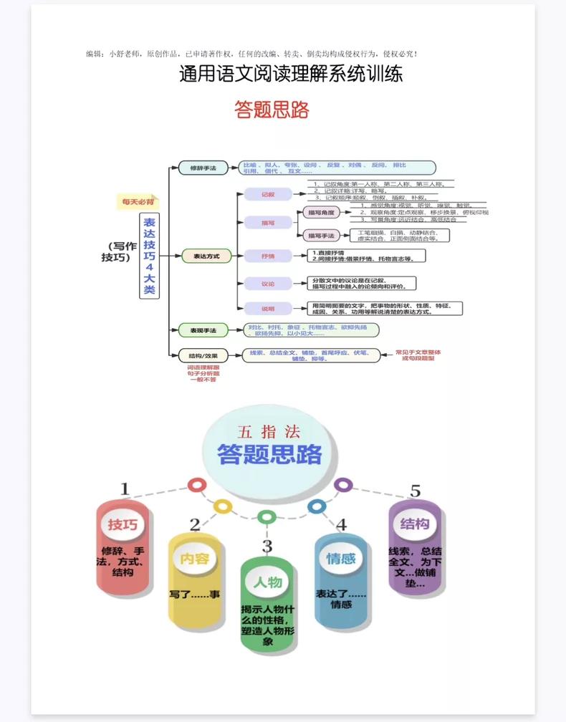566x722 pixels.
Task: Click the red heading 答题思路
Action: (272, 110)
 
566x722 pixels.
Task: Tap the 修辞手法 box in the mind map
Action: (203, 168)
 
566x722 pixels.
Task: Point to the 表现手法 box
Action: (203, 329)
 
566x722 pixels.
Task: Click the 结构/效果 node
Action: (203, 355)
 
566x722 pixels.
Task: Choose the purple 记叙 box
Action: (267, 194)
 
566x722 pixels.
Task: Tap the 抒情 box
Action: (267, 256)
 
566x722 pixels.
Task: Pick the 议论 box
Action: (267, 284)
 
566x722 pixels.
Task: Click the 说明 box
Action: (267, 308)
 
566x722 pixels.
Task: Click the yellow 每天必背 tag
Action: (138, 202)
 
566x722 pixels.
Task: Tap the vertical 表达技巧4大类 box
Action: (149, 256)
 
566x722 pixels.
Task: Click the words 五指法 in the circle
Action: (269, 432)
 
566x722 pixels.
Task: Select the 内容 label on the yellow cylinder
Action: (194, 559)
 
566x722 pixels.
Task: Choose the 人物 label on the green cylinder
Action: (267, 582)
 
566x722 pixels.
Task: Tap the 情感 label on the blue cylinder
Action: (341, 559)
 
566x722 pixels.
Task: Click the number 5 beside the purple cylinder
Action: (416, 491)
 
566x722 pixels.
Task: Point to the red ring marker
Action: (197, 485)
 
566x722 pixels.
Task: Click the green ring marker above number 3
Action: (267, 516)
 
